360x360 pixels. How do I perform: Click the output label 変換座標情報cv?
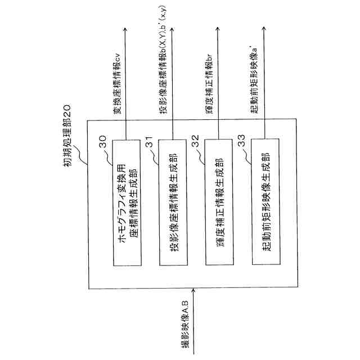[118, 89]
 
